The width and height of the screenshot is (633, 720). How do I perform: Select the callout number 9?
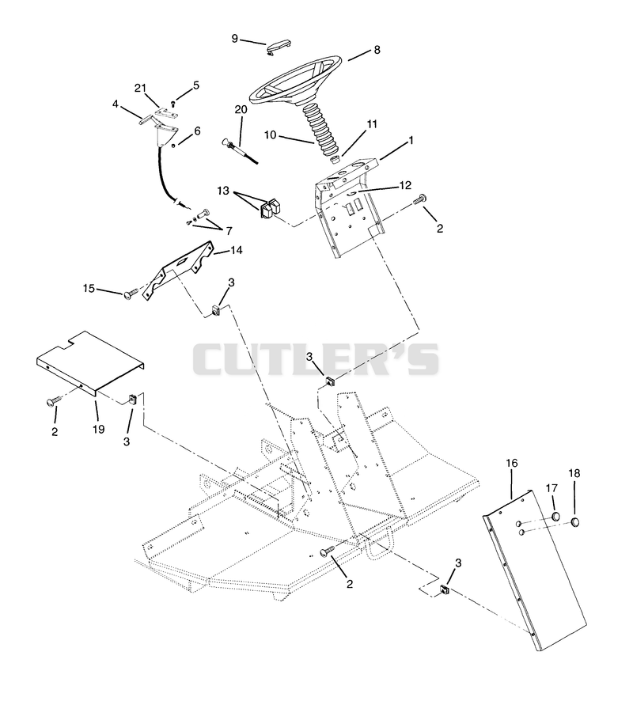pos(235,39)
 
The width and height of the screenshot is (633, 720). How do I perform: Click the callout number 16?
pos(512,463)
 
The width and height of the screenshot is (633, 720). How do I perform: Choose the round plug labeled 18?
pos(574,522)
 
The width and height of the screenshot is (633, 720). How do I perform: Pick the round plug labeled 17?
pos(555,517)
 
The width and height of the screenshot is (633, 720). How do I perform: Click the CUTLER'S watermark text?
pos(316,359)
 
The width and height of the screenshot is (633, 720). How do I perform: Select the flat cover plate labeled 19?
pos(90,362)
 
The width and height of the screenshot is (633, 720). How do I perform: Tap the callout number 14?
pos(236,250)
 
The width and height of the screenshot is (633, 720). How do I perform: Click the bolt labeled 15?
pos(132,293)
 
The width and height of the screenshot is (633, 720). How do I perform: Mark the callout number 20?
pos(241,110)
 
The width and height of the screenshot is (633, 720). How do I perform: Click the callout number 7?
pos(229,230)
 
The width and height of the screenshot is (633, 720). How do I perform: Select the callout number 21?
pos(140,88)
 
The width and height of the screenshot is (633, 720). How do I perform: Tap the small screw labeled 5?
pos(172,104)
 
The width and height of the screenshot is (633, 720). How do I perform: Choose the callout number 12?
pos(405,185)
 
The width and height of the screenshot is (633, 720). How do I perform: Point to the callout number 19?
pos(98,429)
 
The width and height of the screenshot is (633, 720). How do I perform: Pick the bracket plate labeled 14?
pos(179,271)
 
